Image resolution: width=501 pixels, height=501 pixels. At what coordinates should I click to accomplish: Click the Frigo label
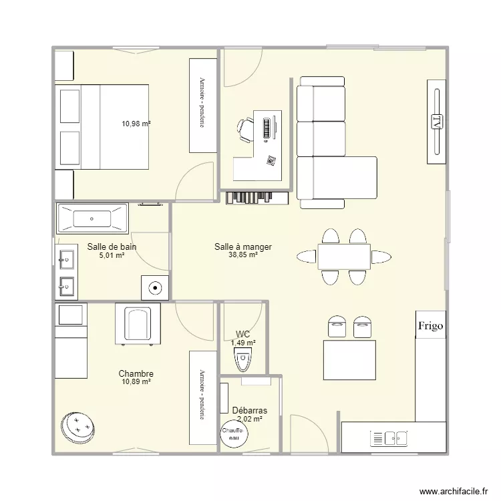point(430,326)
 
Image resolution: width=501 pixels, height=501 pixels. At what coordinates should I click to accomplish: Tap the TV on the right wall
point(436,122)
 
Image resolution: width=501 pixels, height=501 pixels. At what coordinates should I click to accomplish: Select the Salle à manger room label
point(243,246)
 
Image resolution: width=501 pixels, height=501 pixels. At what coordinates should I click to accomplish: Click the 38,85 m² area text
point(243,255)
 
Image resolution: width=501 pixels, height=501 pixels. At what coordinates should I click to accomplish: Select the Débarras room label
point(249,410)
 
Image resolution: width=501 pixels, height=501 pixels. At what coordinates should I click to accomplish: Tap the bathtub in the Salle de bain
point(92,218)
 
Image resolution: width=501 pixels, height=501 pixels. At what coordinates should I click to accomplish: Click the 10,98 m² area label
point(136,124)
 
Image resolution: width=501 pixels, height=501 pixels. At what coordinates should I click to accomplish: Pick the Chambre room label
point(136,373)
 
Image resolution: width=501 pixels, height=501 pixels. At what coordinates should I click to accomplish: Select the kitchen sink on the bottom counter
point(389,438)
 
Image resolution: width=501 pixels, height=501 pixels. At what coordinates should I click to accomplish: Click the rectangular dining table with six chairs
point(343,257)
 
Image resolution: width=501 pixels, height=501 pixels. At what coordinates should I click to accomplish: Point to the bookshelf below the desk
point(257,198)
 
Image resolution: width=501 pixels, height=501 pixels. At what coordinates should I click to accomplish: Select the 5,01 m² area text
point(112,255)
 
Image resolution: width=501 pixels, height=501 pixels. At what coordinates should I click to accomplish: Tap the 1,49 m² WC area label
point(243,343)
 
